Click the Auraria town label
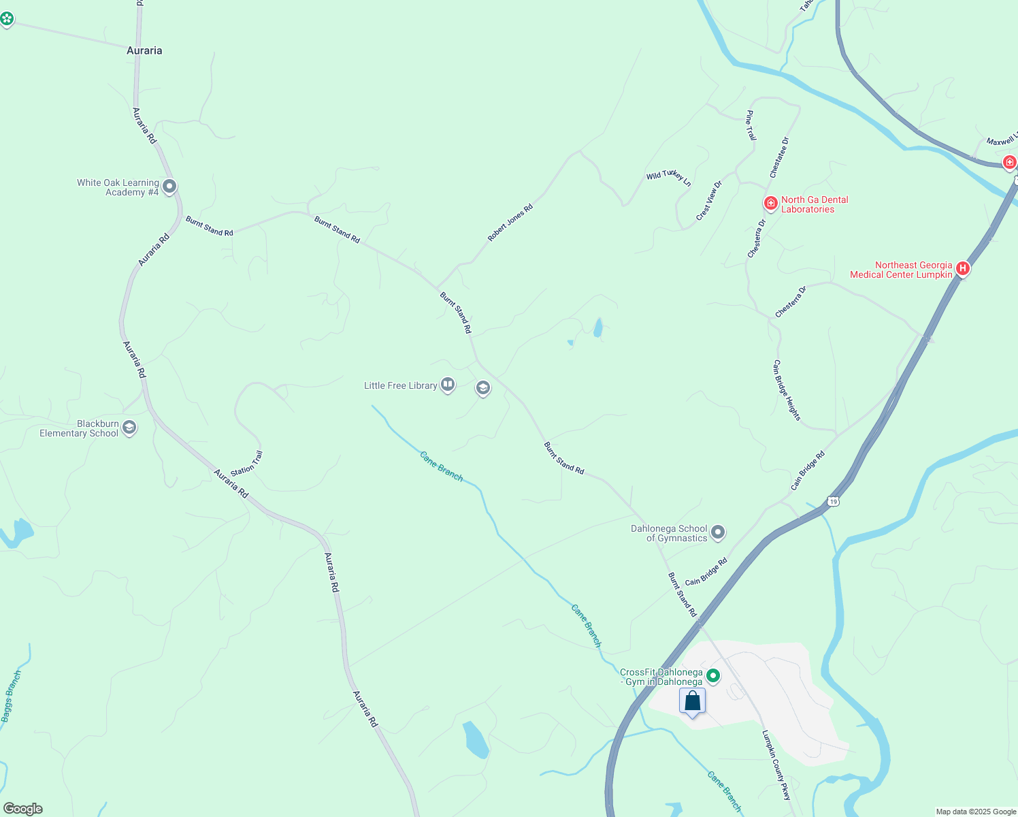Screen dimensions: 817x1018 (144, 50)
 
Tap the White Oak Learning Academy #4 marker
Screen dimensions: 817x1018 (169, 187)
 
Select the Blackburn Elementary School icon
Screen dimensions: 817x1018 (129, 428)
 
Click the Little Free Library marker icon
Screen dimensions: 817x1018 (448, 385)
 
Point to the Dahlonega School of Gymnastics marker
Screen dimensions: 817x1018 (718, 533)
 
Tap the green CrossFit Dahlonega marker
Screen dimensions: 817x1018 (713, 676)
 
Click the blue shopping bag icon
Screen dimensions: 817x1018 (692, 701)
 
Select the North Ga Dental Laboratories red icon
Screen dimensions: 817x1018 (770, 204)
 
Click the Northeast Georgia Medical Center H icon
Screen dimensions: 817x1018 (962, 269)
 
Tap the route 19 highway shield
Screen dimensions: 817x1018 (834, 502)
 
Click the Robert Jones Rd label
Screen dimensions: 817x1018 (510, 223)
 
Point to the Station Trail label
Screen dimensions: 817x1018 (246, 464)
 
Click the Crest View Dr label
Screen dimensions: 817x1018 (708, 201)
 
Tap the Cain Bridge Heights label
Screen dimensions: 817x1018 (787, 390)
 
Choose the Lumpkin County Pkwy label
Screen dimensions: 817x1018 (776, 765)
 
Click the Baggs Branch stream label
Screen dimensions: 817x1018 (11, 696)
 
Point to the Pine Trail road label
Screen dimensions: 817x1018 (751, 125)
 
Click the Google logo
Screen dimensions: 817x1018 (23, 809)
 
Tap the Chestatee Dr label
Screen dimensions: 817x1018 (779, 158)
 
